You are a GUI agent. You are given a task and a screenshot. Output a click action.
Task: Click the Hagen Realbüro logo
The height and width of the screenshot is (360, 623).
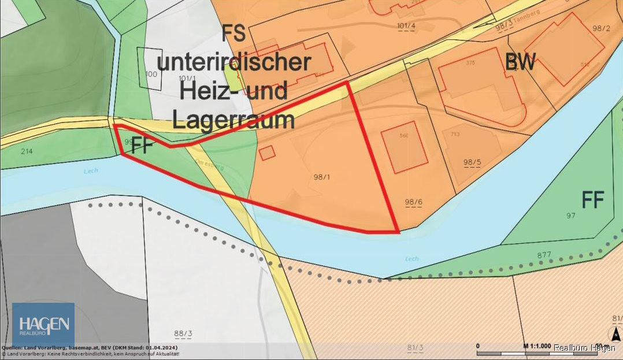pos(43,324)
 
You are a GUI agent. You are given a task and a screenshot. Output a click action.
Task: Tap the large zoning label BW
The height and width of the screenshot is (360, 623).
pos(520,62)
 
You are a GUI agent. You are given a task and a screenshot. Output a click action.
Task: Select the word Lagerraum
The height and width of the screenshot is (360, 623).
pos(233,120)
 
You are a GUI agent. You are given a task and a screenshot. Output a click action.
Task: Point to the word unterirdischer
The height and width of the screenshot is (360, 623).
pos(234,62)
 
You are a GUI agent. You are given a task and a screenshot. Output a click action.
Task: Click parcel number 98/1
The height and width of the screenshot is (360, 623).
pos(321,177)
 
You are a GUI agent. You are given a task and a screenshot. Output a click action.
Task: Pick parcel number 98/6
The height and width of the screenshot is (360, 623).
pos(413,202)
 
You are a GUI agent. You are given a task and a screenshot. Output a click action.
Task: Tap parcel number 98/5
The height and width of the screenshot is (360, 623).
pos(472,162)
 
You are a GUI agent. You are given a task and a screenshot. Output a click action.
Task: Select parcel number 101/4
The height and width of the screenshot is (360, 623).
pos(406,26)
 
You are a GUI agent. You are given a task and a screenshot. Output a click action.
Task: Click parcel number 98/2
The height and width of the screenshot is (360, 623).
pos(601,28)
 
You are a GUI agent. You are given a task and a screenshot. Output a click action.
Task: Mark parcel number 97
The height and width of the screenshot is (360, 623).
pos(572,215)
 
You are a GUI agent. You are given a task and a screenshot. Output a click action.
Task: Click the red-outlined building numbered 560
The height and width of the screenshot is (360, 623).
pos(404,147)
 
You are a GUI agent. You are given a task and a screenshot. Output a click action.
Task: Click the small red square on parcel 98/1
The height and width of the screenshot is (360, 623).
pos(266,153)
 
